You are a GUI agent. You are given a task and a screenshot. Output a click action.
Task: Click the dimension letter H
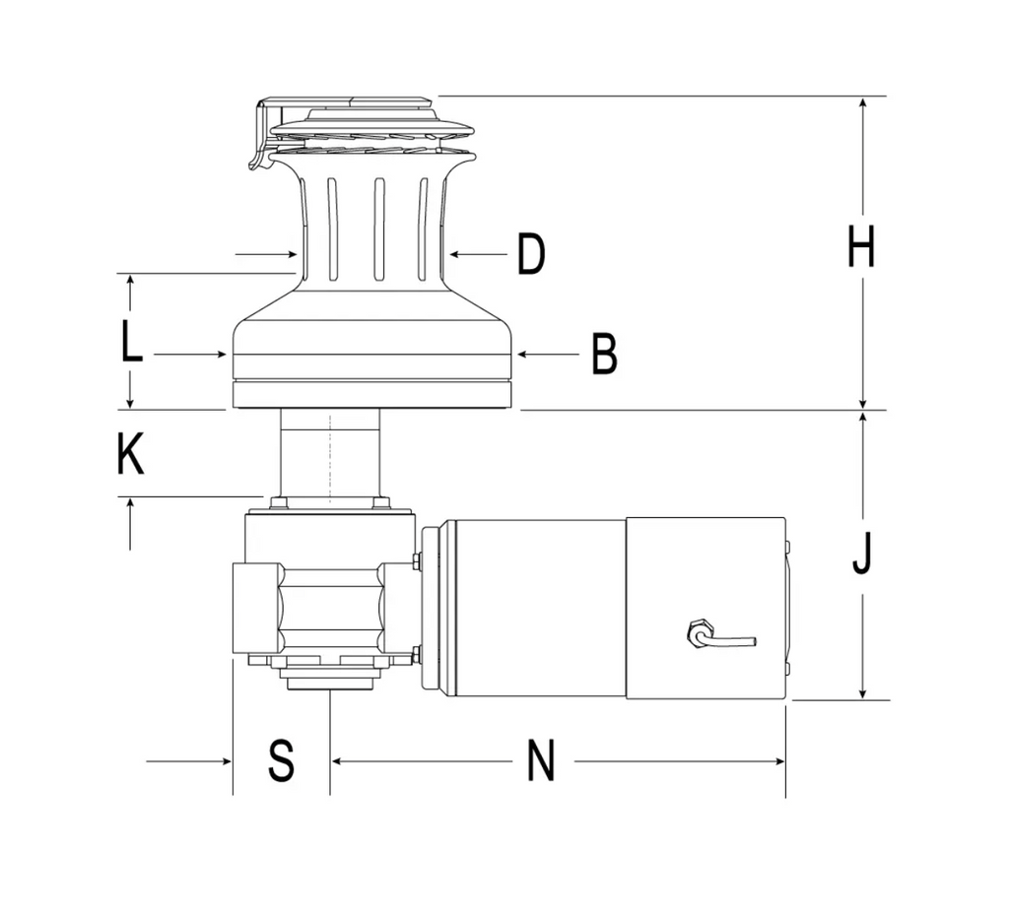(861, 246)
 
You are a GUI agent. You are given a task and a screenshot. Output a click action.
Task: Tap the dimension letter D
(531, 255)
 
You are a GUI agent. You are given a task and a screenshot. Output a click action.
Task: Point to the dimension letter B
(604, 354)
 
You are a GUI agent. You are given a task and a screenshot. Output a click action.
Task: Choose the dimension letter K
(130, 455)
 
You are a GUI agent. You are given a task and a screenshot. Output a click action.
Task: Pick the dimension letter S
(282, 761)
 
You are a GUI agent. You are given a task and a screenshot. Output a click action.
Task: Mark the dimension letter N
(541, 761)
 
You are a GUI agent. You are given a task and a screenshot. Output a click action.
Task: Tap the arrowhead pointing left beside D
(454, 255)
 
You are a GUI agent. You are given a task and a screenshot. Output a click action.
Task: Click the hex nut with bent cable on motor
(701, 632)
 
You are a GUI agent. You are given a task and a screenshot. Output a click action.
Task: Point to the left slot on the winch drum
(332, 229)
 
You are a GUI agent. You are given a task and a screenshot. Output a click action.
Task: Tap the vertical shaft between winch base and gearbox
(329, 457)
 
